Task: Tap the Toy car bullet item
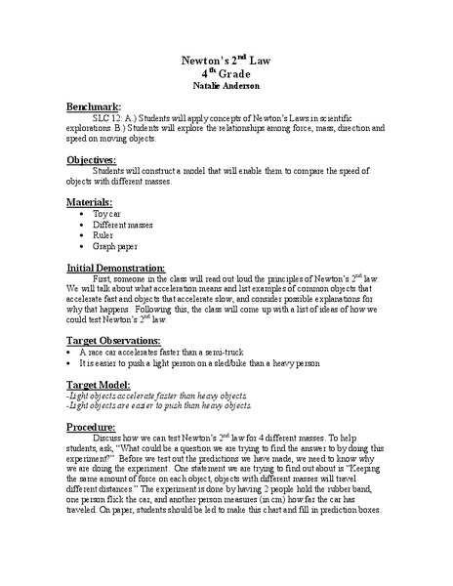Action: click(107, 214)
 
